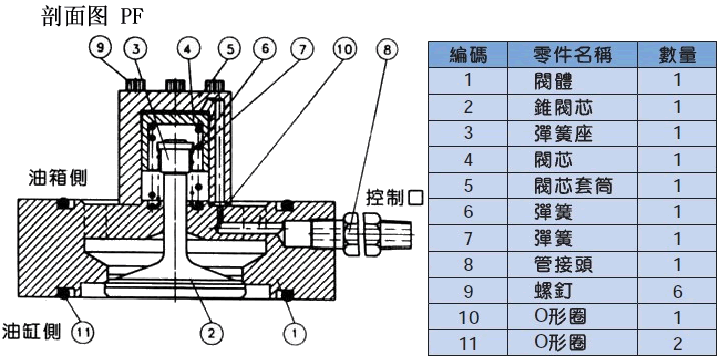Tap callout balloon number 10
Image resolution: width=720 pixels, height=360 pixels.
[343, 50]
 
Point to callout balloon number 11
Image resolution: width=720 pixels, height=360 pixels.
[83, 332]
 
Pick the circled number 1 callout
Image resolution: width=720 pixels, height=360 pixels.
[296, 331]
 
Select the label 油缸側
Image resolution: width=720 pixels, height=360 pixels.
[31, 331]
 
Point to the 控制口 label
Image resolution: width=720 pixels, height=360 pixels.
[395, 197]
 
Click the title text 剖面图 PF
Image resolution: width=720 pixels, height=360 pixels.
[92, 17]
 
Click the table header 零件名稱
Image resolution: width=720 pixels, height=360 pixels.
[572, 55]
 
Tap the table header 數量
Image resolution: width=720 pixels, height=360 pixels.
[677, 55]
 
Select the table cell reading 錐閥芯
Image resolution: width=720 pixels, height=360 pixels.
[563, 107]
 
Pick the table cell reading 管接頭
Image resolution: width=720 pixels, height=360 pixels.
[563, 265]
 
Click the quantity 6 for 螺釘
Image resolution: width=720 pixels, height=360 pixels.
[677, 291]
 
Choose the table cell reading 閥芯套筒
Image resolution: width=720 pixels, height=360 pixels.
[573, 186]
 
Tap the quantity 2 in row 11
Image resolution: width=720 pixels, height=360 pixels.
[677, 343]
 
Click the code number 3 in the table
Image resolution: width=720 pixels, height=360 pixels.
[468, 134]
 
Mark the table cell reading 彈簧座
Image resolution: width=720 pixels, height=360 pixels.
[563, 134]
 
